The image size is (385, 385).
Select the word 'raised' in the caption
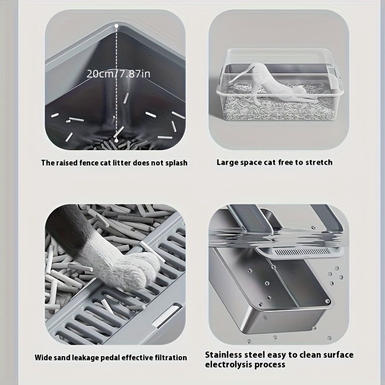click(69, 163)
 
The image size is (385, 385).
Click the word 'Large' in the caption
click(228, 162)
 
